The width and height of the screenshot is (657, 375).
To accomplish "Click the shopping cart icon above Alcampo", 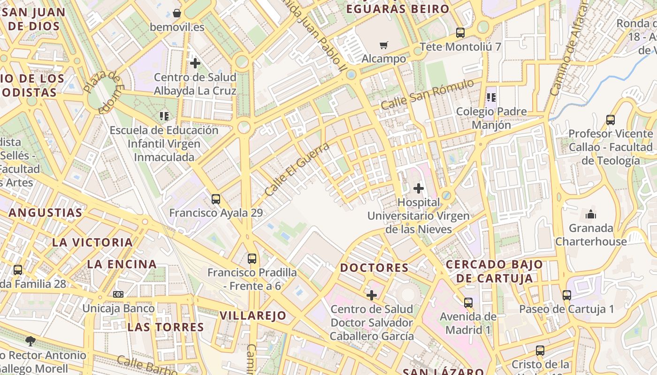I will pyautogui.click(x=384, y=45).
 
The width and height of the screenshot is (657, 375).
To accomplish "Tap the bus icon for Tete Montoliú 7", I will pyautogui.click(x=460, y=33).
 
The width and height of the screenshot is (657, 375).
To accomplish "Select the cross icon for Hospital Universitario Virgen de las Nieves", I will pyautogui.click(x=418, y=188).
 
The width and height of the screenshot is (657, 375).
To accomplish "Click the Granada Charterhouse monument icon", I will pyautogui.click(x=590, y=215).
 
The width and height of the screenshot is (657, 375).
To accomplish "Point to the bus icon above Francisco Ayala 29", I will pyautogui.click(x=216, y=199).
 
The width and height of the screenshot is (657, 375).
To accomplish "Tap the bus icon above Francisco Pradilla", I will pyautogui.click(x=252, y=258).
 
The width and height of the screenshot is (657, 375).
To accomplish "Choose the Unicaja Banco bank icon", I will pyautogui.click(x=118, y=294).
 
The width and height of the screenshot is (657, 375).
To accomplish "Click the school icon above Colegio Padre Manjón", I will pyautogui.click(x=491, y=97).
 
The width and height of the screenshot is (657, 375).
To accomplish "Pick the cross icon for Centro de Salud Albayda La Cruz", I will pyautogui.click(x=195, y=63).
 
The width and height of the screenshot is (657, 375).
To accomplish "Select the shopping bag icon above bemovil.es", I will pyautogui.click(x=177, y=13).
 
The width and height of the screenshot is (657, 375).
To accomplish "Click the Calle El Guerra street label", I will pyautogui.click(x=297, y=169).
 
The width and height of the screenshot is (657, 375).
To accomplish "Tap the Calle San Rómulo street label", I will pyautogui.click(x=427, y=95).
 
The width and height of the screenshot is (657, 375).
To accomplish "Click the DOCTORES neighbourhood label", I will pyautogui.click(x=374, y=268).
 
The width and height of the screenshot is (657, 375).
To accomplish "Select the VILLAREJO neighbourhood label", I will pyautogui.click(x=253, y=315).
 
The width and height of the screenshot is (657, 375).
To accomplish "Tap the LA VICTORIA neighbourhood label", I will pyautogui.click(x=92, y=242).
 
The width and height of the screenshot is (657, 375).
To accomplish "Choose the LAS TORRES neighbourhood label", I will pyautogui.click(x=166, y=327).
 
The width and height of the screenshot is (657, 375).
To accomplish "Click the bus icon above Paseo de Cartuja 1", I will pyautogui.click(x=567, y=295).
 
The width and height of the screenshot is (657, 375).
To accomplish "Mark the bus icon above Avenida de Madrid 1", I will pyautogui.click(x=468, y=303).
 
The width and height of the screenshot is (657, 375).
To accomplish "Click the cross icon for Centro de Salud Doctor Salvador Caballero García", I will pyautogui.click(x=372, y=295).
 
